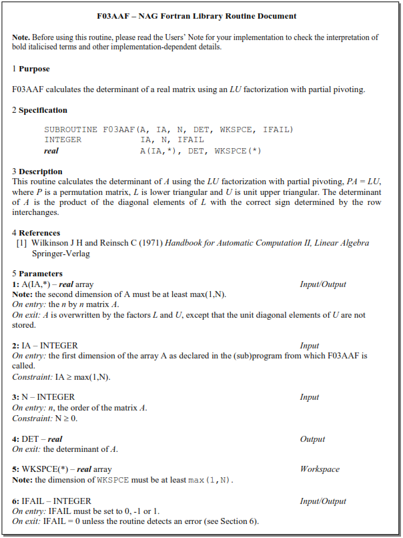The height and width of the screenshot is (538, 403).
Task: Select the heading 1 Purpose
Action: point(31,69)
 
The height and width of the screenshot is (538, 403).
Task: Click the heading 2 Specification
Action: point(39,110)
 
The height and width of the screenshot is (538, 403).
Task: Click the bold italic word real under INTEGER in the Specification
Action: point(51,151)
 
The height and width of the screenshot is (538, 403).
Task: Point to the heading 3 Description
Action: point(37,172)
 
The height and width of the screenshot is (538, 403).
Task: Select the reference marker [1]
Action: point(22,243)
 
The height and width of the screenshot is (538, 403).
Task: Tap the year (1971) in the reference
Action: point(149,243)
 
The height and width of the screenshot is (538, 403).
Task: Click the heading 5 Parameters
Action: point(37,274)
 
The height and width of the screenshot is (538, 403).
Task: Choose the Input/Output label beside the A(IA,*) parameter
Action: point(323,284)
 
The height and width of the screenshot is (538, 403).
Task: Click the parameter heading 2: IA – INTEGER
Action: point(45,346)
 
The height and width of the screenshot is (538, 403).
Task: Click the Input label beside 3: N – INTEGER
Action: point(310,397)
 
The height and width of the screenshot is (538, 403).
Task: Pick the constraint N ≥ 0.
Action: point(66,419)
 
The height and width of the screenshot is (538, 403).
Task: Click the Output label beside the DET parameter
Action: point(312,439)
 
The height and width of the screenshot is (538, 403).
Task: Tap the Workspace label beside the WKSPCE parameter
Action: point(320,469)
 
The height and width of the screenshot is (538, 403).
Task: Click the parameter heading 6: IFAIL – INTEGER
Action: point(51,501)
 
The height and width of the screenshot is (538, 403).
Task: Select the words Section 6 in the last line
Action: point(239,521)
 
